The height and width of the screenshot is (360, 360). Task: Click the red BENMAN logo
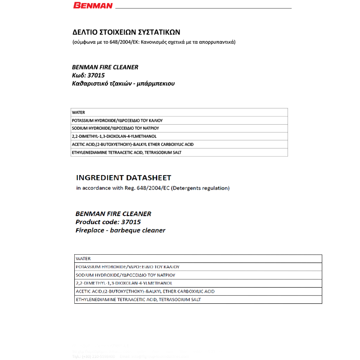pyautogui.click(x=93, y=6)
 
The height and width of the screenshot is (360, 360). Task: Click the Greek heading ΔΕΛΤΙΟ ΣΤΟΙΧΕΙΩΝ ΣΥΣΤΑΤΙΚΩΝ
pyautogui.click(x=126, y=32)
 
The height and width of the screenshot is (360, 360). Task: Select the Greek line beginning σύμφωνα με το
pyautogui.click(x=154, y=42)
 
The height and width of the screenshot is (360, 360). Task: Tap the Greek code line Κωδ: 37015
pyautogui.click(x=88, y=75)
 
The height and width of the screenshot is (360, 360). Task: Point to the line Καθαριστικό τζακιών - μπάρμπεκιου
pyautogui.click(x=123, y=84)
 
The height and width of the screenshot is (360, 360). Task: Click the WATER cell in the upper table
pyautogui.click(x=78, y=112)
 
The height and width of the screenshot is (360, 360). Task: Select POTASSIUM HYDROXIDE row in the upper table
pyautogui.click(x=117, y=121)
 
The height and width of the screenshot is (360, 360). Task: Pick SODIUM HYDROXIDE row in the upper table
pyautogui.click(x=115, y=128)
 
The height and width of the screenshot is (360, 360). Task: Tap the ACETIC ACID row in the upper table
pyautogui.click(x=133, y=144)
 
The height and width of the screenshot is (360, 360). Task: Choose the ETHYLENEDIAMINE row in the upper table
pyautogui.click(x=126, y=153)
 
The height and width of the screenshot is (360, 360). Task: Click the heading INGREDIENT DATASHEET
pyautogui.click(x=123, y=178)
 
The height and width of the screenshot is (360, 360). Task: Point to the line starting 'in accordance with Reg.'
pyautogui.click(x=153, y=188)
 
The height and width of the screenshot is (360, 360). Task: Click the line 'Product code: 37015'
pyautogui.click(x=108, y=222)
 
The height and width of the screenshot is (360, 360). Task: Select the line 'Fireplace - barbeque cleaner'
pyautogui.click(x=120, y=230)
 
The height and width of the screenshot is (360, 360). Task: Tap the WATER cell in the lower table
pyautogui.click(x=83, y=259)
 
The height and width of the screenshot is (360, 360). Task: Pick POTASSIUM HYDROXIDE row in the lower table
pyautogui.click(x=128, y=267)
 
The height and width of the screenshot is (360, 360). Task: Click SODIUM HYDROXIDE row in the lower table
pyautogui.click(x=126, y=275)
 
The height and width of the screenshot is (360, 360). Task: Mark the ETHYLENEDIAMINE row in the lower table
pyautogui.click(x=139, y=299)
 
